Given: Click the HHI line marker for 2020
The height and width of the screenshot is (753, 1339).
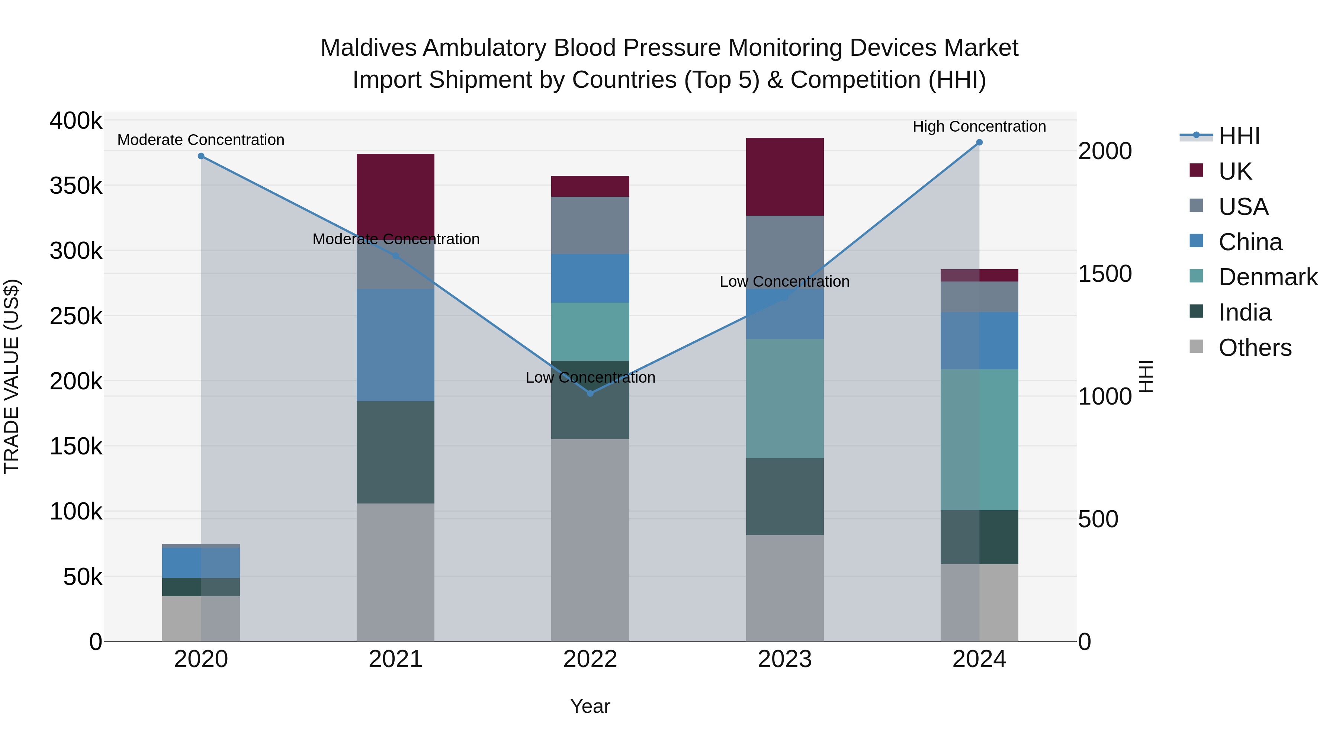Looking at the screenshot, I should (201, 156).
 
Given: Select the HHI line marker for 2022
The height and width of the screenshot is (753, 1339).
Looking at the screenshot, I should (590, 393).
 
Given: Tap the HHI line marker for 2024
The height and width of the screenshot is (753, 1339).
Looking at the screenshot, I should (979, 142).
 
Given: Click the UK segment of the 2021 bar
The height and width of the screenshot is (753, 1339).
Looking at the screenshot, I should (396, 195).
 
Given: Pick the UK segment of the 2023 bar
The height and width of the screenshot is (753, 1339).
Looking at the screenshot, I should (785, 177).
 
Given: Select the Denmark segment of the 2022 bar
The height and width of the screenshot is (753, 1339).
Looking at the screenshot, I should (590, 332).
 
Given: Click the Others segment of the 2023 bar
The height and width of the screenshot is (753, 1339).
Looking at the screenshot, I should (785, 588).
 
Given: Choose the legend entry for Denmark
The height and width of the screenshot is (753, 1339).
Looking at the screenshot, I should (1267, 277).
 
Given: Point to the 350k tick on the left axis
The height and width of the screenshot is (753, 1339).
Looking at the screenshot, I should (76, 186).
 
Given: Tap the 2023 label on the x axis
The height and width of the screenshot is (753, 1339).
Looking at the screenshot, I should (785, 659).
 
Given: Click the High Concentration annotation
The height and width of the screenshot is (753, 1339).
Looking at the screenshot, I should (979, 126).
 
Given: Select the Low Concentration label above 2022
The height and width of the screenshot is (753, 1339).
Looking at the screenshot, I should (590, 377).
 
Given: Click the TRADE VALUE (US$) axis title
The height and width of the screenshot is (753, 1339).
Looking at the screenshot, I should (12, 376).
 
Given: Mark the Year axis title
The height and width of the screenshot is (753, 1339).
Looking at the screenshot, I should (590, 706).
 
